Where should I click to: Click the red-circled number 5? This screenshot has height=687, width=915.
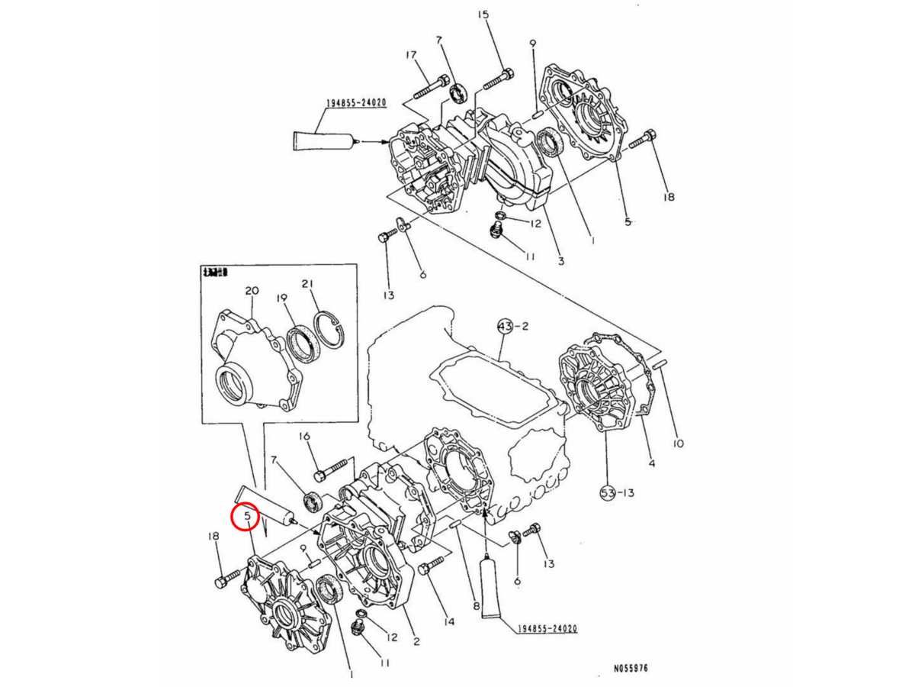(247, 517)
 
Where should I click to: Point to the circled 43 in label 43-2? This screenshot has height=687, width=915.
(505, 326)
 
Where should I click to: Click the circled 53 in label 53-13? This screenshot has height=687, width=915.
(607, 493)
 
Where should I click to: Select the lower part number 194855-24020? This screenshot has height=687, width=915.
(546, 629)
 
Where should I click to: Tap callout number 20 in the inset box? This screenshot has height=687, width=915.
(252, 291)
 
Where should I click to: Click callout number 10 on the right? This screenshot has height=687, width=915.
(679, 443)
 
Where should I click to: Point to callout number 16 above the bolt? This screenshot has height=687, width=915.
(304, 437)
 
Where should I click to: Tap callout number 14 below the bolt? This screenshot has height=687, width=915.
(448, 622)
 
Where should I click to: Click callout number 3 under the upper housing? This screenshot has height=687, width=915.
(560, 262)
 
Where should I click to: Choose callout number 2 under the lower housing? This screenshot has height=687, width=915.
(416, 641)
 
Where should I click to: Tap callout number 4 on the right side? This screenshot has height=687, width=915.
(652, 463)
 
